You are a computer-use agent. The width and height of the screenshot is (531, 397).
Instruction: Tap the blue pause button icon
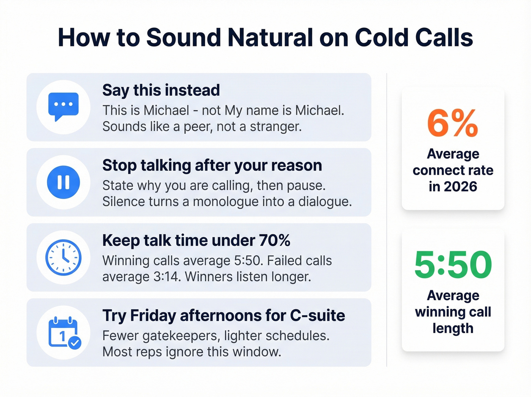tap(63, 182)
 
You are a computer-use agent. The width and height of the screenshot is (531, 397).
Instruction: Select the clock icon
tap(63, 257)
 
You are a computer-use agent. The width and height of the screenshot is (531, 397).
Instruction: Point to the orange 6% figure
tap(452, 123)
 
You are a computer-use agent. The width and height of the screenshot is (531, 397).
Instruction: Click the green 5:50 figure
tap(453, 264)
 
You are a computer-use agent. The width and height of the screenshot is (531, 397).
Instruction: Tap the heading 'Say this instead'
tap(161, 90)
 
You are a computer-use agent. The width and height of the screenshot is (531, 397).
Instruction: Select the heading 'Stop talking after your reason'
tap(212, 166)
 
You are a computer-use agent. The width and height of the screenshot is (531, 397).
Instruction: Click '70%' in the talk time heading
tap(275, 240)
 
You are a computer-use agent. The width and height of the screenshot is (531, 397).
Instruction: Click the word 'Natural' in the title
tap(270, 38)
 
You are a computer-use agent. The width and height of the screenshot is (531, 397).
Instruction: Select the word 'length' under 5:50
tap(453, 328)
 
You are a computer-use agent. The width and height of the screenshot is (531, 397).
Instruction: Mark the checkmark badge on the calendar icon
tap(75, 343)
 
